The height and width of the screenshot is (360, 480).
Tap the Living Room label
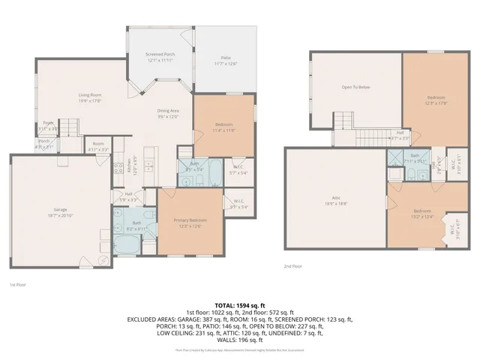pyautogui.click(x=91, y=95)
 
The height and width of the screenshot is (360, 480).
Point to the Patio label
pyautogui.click(x=225, y=57)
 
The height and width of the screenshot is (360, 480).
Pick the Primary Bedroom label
pyautogui.click(x=189, y=220)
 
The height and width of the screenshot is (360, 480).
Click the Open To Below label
pyautogui.click(x=355, y=88)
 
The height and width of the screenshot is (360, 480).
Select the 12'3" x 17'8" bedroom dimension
pyautogui.click(x=436, y=103)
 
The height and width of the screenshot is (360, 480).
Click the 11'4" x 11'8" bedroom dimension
pyautogui.click(x=223, y=130)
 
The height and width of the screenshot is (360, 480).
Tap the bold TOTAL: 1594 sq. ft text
pyautogui.click(x=240, y=306)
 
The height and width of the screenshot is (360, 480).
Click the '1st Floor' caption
pyautogui.click(x=19, y=285)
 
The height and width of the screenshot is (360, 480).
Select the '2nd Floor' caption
pyautogui.click(x=292, y=266)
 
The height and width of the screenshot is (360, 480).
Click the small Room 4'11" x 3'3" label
pyautogui.click(x=98, y=146)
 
